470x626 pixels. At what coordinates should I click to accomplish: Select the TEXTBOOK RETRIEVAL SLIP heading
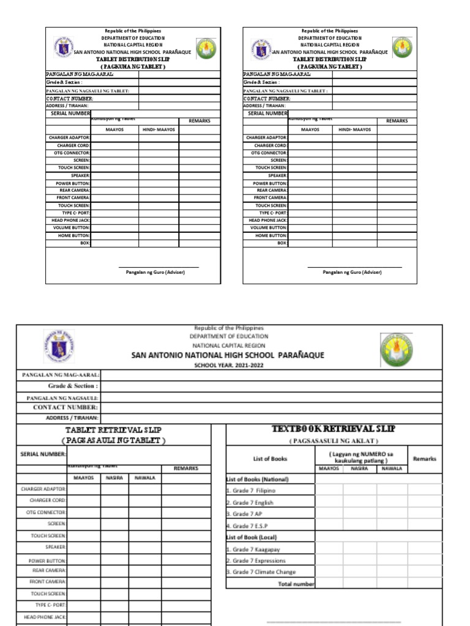click(334, 429)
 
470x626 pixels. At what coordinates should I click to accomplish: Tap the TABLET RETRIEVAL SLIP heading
click(113, 430)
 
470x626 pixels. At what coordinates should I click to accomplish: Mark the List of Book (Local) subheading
click(251, 537)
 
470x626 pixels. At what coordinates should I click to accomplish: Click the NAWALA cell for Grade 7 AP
click(392, 514)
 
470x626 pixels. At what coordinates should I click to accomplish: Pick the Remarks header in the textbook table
click(425, 458)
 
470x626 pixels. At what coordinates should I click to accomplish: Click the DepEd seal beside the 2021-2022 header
click(59, 347)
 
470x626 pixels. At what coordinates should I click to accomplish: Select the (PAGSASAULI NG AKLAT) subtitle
click(334, 441)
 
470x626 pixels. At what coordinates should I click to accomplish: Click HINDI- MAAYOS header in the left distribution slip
click(159, 130)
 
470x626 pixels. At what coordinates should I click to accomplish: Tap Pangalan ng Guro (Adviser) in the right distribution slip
click(352, 272)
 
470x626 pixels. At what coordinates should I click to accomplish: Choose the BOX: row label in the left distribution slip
click(85, 243)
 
